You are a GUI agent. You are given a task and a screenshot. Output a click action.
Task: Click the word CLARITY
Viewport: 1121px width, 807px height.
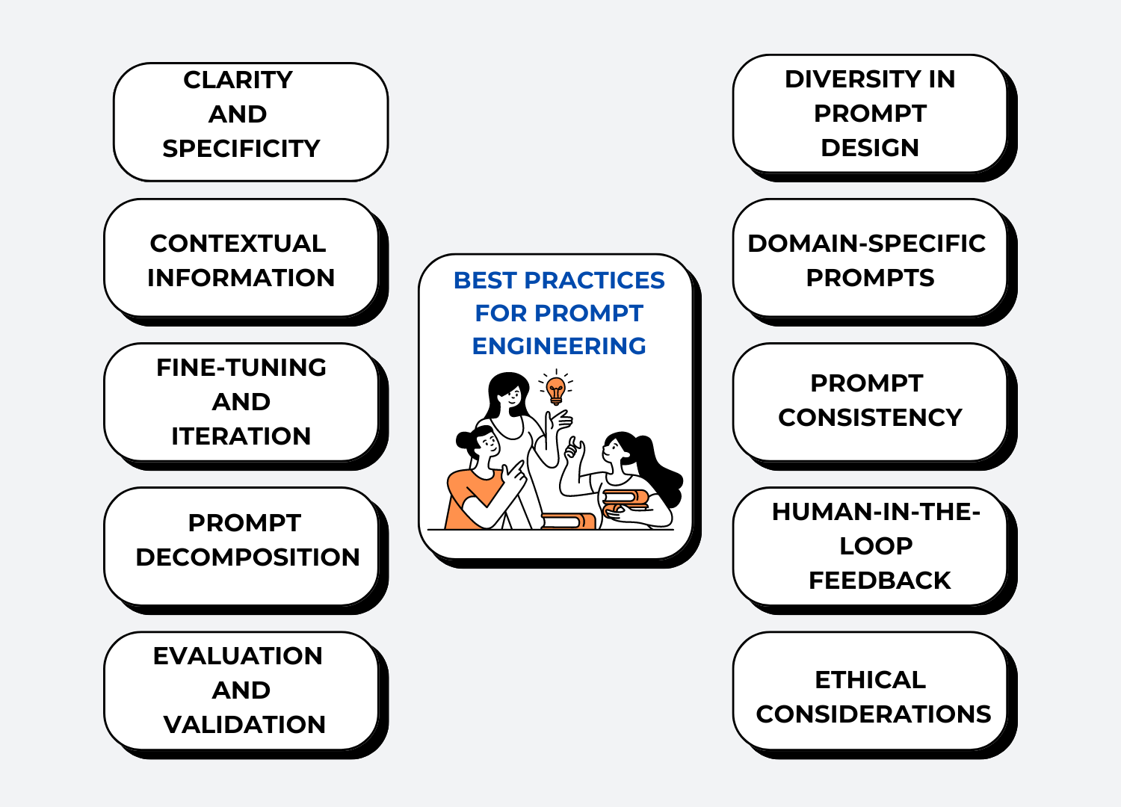pyautogui.click(x=238, y=80)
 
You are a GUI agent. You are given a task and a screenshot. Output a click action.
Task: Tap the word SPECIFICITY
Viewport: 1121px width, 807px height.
pyautogui.click(x=241, y=149)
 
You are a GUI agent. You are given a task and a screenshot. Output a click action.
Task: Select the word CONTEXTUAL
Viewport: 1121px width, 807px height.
pyautogui.click(x=238, y=244)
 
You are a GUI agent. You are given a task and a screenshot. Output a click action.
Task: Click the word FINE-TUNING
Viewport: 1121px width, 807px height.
pyautogui.click(x=241, y=368)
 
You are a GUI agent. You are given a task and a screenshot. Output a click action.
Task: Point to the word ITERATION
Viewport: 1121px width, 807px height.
pyautogui.click(x=241, y=436)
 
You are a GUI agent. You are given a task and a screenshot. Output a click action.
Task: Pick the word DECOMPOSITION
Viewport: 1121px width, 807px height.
pyautogui.click(x=247, y=557)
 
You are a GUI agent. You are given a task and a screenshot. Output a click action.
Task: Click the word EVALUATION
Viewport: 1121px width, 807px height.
pyautogui.click(x=238, y=656)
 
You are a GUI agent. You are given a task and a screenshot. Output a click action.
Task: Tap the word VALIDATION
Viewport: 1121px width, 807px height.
pyautogui.click(x=244, y=725)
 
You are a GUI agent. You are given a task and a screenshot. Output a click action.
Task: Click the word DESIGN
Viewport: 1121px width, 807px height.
pyautogui.click(x=870, y=148)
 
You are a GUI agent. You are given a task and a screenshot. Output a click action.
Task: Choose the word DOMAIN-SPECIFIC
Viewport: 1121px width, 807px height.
pyautogui.click(x=867, y=244)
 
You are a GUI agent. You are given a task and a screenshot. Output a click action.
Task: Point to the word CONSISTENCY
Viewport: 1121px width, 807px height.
pyautogui.click(x=871, y=417)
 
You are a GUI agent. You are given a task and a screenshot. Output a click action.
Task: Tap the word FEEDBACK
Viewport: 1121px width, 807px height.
pyautogui.click(x=880, y=581)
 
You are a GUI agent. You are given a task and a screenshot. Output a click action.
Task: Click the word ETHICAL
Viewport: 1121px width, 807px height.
pyautogui.click(x=871, y=680)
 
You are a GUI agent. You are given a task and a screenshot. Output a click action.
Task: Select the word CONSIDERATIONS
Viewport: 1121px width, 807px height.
pyautogui.click(x=874, y=714)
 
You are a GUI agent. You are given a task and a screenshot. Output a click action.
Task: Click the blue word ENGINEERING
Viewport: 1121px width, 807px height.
pyautogui.click(x=559, y=346)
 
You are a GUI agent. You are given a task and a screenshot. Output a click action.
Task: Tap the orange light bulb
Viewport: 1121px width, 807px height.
pyautogui.click(x=555, y=390)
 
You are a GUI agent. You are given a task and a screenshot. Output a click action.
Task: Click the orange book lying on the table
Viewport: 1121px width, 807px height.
pyautogui.click(x=568, y=521)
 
